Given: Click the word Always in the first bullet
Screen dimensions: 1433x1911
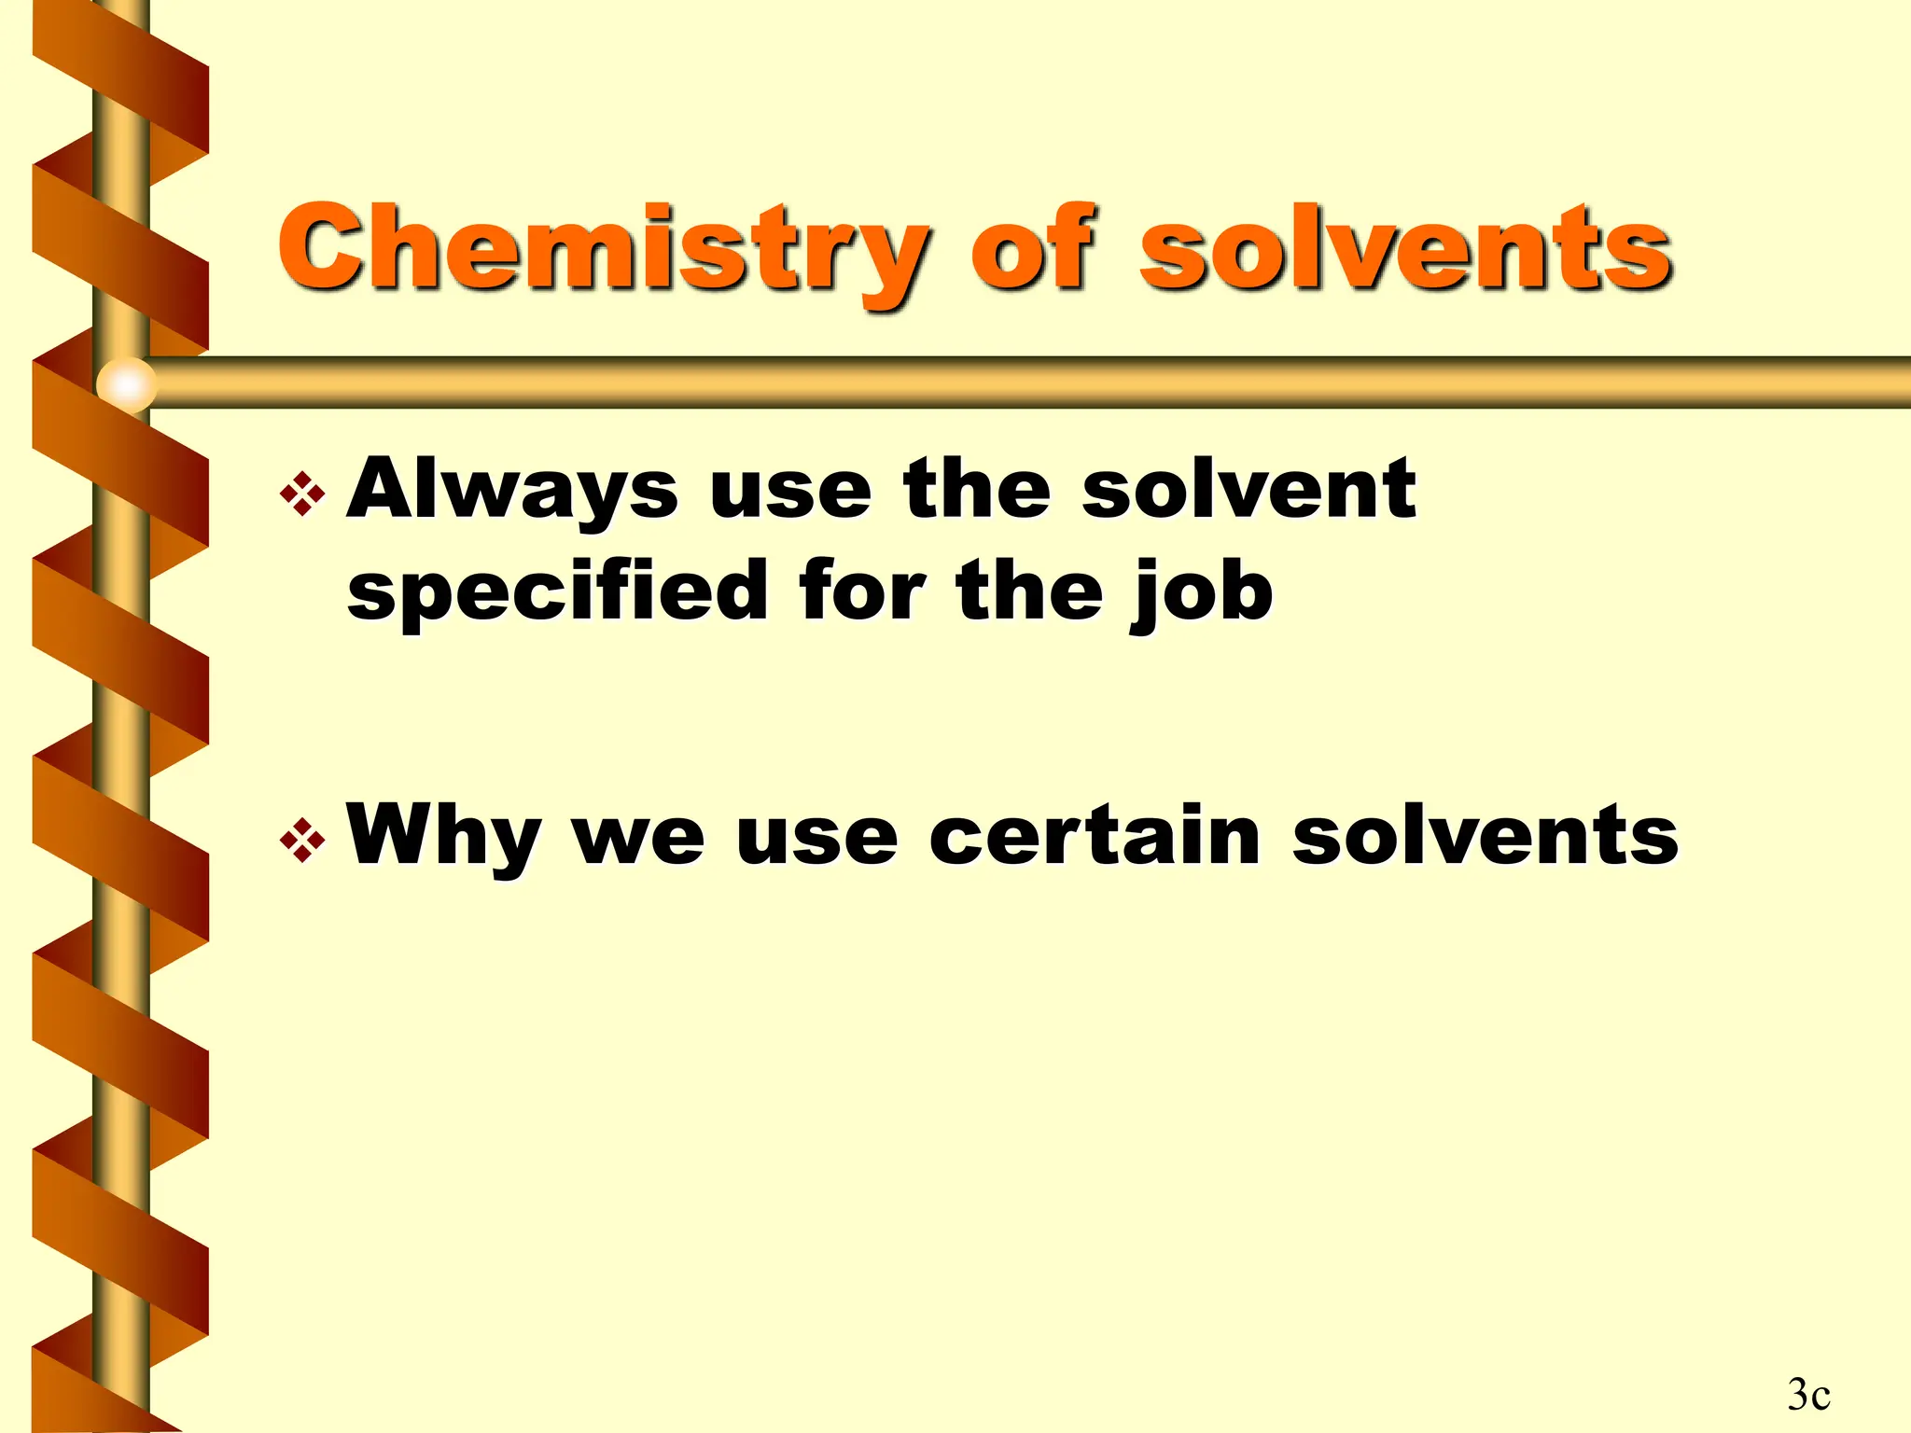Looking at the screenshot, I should tap(512, 491).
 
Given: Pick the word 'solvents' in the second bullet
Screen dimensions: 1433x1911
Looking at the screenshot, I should tap(1485, 836).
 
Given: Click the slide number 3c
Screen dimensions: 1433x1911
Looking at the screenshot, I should tap(1808, 1394).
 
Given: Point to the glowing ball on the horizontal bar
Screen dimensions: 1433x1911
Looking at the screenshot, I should tap(127, 383).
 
